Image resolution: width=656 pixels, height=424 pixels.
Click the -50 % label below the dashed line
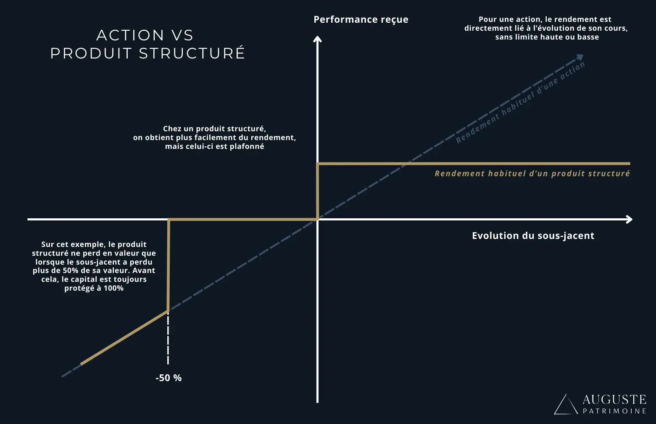169,378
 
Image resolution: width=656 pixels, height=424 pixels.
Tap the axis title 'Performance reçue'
361,20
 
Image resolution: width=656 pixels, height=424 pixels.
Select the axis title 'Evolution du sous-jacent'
533,236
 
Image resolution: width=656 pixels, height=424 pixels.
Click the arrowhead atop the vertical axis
317,40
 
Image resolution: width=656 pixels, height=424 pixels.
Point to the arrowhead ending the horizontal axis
629,219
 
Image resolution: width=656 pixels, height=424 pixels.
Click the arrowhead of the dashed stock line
580,57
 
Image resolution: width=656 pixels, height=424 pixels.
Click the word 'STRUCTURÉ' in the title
192,53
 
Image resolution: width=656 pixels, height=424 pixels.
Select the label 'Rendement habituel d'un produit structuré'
532,174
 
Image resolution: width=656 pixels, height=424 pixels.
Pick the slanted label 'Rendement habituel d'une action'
520,103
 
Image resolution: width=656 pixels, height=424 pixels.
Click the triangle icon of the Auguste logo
565,405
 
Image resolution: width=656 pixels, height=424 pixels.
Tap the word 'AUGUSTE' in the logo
614,399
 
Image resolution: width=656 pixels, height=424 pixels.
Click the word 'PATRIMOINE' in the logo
614,411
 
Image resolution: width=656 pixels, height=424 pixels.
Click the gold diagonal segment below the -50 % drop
124,337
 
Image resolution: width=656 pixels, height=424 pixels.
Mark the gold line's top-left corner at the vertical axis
318,164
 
